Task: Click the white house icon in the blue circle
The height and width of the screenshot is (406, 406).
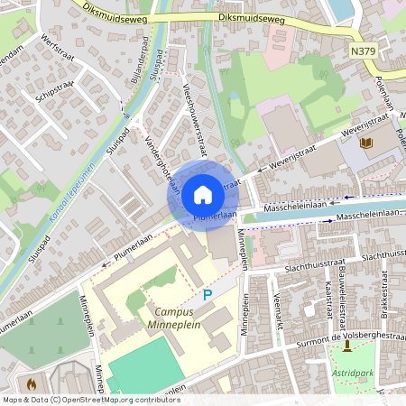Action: [x=203, y=194]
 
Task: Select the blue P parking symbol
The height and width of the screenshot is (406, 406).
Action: [x=207, y=294]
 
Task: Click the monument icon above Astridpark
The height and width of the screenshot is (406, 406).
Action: [x=347, y=345]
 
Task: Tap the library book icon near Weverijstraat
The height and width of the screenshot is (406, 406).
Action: [x=365, y=143]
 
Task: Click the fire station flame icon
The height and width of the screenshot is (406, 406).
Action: [x=32, y=384]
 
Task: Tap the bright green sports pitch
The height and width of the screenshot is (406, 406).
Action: [x=143, y=370]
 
